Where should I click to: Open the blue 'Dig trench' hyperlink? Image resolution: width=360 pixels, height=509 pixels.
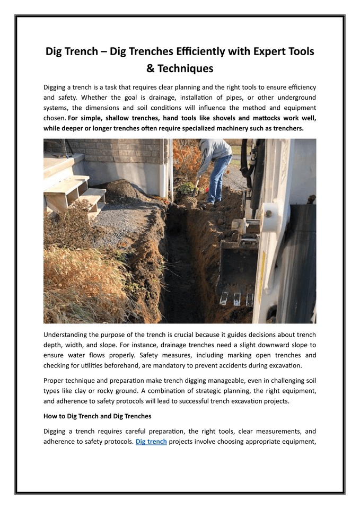pyautogui.click(x=151, y=442)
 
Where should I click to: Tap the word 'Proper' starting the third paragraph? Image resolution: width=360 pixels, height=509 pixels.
pyautogui.click(x=55, y=380)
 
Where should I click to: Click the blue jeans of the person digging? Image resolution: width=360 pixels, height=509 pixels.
pyautogui.click(x=218, y=178)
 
